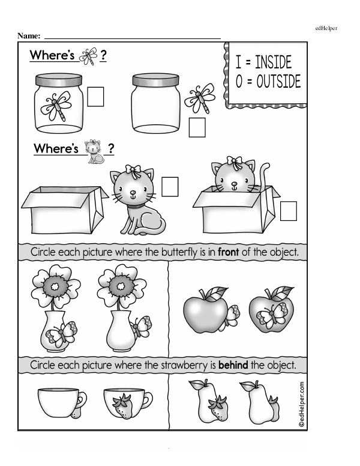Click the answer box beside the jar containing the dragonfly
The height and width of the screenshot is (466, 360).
[x=95, y=97]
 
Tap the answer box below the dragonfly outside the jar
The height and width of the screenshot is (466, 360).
[x=197, y=127]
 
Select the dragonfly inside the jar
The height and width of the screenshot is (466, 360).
[x=56, y=106]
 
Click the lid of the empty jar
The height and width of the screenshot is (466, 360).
[x=155, y=80]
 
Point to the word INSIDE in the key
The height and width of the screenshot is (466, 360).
[x=273, y=62]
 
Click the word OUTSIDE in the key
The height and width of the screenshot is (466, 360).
[x=278, y=81]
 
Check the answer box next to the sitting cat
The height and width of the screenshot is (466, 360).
[x=170, y=187]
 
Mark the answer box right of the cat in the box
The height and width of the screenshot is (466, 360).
[x=289, y=211]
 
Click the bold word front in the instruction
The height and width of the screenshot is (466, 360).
[x=228, y=252]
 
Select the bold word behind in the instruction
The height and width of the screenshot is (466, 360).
[x=233, y=365]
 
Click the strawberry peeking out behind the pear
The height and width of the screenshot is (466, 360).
[x=274, y=409]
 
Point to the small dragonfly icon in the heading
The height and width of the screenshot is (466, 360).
[x=89, y=56]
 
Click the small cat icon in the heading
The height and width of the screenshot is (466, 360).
[x=94, y=151]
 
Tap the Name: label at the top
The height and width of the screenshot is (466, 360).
[x=29, y=36]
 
